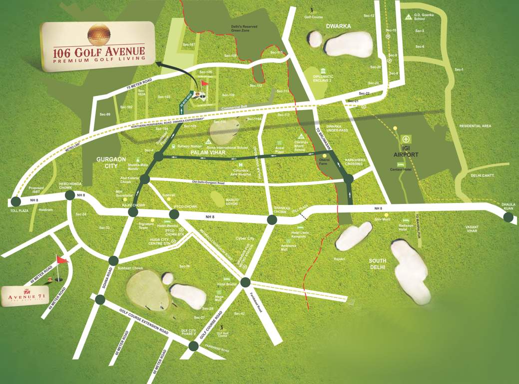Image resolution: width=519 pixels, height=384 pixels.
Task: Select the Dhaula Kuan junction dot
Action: (509, 217)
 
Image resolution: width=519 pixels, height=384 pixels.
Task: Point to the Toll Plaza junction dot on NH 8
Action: (15, 201)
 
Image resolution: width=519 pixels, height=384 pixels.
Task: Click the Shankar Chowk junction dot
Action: (272, 219)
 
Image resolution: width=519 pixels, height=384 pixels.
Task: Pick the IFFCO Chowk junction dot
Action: (174, 214)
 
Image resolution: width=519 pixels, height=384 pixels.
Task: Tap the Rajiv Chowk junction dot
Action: (133, 212)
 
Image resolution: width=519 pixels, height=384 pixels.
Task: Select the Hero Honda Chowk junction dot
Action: (70, 195)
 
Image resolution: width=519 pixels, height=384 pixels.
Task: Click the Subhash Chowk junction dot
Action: (113, 260)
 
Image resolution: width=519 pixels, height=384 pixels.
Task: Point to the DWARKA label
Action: (339, 26)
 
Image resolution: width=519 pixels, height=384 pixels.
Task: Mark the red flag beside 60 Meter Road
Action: (61, 259)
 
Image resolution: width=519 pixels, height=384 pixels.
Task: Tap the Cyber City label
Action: (245, 239)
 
